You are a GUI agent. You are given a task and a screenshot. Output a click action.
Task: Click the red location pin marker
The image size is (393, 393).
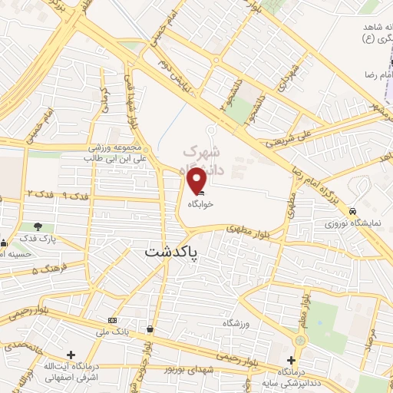coord(196,180)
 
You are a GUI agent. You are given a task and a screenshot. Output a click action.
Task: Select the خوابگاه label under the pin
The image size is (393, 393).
coord(198,205)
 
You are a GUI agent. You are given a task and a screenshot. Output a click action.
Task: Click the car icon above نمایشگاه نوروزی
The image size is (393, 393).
coord(352,210)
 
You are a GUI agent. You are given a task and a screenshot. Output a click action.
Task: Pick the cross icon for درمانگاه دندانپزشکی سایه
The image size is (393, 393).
coord(291,360)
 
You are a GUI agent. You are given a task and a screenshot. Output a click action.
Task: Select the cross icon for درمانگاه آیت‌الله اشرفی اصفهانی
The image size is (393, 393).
coord(71,355)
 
